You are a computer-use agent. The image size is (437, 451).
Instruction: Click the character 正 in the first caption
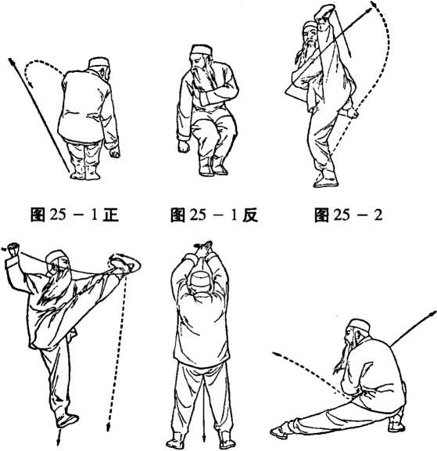coord(110,215)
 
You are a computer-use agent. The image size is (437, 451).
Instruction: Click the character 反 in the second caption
coord(250,215)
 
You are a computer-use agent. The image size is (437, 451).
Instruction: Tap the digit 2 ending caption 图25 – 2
coord(378,215)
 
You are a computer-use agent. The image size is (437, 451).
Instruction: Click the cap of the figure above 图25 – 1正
coord(99,62)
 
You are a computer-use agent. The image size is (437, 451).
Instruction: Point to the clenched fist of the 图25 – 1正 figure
coord(115,153)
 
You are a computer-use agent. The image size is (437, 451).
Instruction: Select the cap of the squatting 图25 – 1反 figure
coord(201,50)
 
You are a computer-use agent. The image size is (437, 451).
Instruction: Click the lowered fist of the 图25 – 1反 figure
coord(184,146)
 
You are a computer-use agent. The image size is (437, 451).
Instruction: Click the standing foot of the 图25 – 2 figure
coord(326,181)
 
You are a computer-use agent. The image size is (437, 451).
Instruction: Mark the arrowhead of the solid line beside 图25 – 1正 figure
coord(11,62)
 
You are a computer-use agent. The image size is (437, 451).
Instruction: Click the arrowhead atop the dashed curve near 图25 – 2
coord(373,5)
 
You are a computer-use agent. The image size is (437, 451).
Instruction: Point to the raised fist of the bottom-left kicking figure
coord(13,249)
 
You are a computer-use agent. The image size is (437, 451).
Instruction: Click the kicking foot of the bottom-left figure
coord(124,264)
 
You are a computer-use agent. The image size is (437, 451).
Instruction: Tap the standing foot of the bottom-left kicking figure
coord(67,420)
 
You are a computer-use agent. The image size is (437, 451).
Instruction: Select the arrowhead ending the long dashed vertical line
coord(108,428)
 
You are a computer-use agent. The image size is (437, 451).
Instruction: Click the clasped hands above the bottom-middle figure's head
coord(206,248)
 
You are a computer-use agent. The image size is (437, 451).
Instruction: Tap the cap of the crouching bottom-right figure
coord(359,325)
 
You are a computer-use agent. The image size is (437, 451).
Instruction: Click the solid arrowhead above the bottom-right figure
coord(433,313)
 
